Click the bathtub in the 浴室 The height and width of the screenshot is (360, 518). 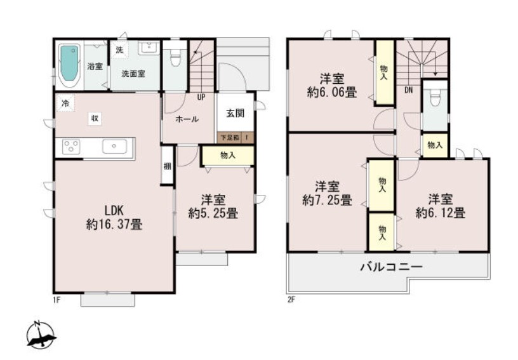click(x=70, y=66)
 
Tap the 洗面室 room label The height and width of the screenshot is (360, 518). click(x=133, y=74)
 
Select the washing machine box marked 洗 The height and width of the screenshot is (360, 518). click(x=119, y=50)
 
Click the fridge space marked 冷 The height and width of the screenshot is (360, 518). click(x=65, y=103)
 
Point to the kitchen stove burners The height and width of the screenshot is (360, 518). click(x=71, y=147)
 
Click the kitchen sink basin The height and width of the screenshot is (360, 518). click(x=114, y=146)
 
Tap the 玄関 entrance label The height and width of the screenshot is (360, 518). click(x=236, y=113)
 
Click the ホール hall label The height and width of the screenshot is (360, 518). click(x=187, y=119)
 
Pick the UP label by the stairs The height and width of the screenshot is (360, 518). click(x=201, y=97)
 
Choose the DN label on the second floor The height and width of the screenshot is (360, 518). click(x=409, y=90)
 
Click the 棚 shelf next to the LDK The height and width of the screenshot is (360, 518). click(x=167, y=165)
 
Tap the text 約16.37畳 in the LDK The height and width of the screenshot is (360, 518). click(x=114, y=225)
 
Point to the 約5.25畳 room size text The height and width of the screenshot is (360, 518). click(x=213, y=213)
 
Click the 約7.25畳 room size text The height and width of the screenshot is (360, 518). click(x=327, y=200)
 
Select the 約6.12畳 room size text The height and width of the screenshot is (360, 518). click(x=441, y=213)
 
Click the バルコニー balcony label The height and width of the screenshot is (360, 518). click(x=391, y=267)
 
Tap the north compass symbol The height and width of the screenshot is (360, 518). click(x=41, y=335)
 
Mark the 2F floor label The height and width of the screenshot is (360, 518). click(x=291, y=300)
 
